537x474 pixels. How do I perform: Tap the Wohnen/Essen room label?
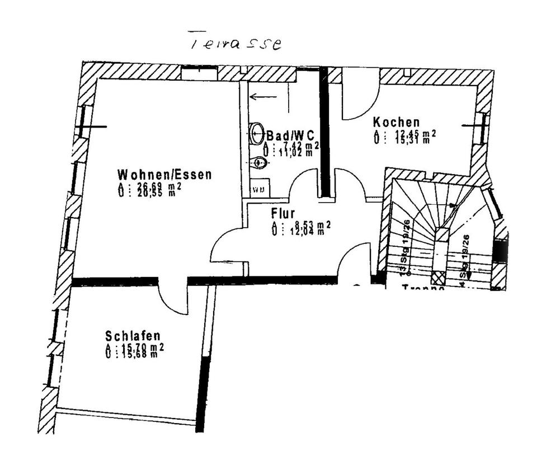pyautogui.click(x=164, y=174)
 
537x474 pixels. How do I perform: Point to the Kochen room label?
pyautogui.click(x=396, y=122)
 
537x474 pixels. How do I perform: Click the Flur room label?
pyautogui.click(x=282, y=213)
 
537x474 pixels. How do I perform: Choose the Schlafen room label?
pyautogui.click(x=133, y=336)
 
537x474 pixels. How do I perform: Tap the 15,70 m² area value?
pyautogui.click(x=141, y=347)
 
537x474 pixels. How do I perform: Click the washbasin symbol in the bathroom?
pyautogui.click(x=258, y=132)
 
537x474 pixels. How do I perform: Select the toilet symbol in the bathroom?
pyautogui.click(x=258, y=162)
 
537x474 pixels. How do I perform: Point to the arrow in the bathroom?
pyautogui.click(x=263, y=97)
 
